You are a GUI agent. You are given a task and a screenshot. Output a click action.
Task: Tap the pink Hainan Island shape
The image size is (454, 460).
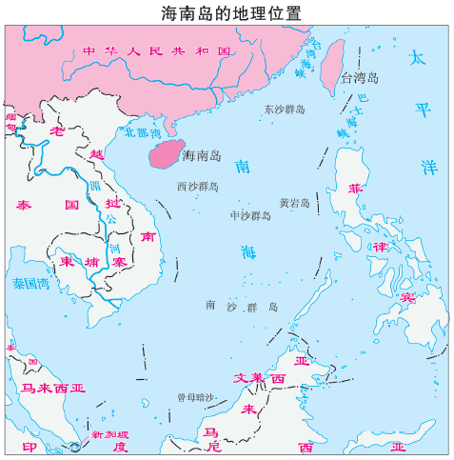coord(163,150)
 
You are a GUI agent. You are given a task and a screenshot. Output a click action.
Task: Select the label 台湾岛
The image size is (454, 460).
coord(360,76)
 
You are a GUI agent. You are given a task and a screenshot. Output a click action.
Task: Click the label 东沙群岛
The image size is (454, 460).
coord(285,110)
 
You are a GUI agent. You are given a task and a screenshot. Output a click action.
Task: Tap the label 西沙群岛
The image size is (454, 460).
coord(198,187)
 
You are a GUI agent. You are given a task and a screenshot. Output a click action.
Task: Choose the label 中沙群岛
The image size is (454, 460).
coord(250,216)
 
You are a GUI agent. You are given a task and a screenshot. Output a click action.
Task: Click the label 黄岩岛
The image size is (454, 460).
coord(295,203)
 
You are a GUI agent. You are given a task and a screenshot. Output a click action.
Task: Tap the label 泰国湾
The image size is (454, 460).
coord(30,283)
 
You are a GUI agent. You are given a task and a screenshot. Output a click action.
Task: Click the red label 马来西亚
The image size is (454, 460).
coord(53,388)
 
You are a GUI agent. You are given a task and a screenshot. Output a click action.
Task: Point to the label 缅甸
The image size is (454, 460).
coord(11,121)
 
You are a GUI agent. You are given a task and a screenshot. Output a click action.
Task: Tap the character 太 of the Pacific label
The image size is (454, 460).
coord(416,58)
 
